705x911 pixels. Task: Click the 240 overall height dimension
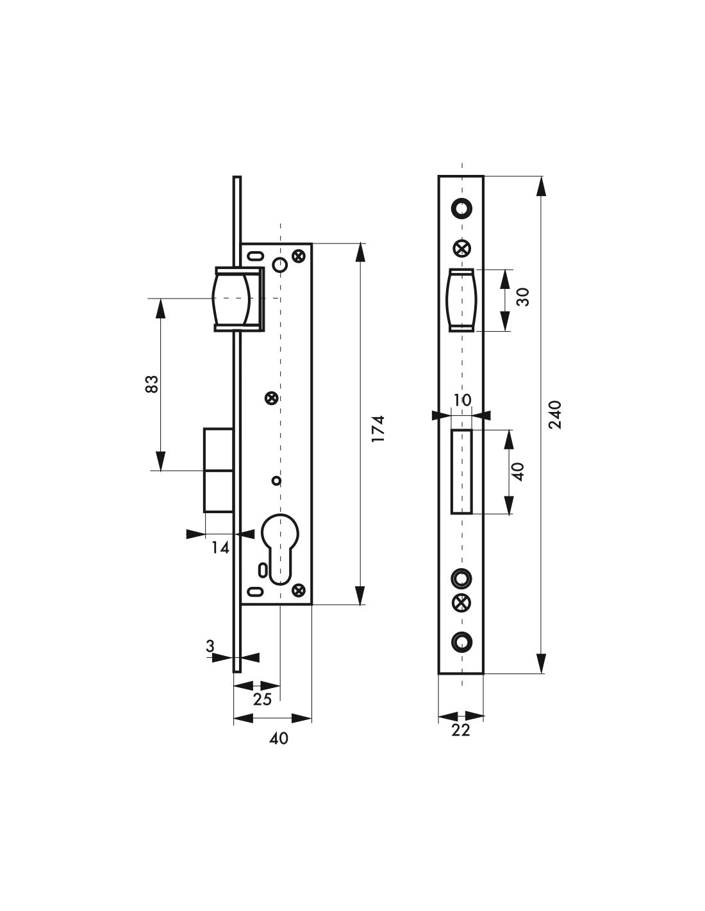pos(555,414)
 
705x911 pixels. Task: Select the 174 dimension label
pos(378,428)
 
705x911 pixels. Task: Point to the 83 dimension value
pos(151,384)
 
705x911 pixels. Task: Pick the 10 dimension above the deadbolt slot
pos(461,400)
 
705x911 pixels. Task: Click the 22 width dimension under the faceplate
pos(460,730)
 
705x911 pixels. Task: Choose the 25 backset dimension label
pos(262,699)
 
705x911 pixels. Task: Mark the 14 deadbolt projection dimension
pos(220,547)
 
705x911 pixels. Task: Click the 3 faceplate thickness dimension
pos(210,647)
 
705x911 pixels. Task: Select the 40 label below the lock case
pos(279,739)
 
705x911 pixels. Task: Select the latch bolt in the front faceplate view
pos(461,300)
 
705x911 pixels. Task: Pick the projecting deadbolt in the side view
pos(218,470)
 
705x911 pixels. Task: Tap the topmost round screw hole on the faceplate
pos(461,208)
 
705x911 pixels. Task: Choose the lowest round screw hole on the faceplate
pos(461,641)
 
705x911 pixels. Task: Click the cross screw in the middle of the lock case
pos(272,398)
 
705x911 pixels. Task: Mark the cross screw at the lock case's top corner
pos(297,256)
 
